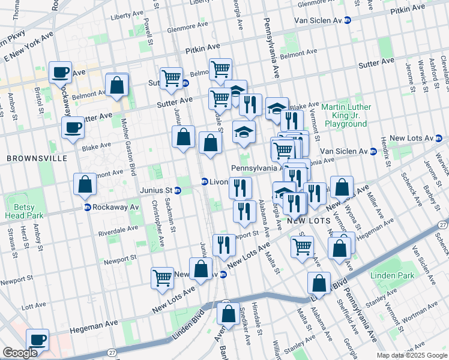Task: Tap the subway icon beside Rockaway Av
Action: pos(87,208)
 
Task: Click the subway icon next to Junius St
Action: pos(179,191)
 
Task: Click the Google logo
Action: pos(20,352)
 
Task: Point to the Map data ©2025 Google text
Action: pos(412,355)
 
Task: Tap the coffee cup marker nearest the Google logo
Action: pos(37,339)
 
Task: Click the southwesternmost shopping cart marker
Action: pos(162,278)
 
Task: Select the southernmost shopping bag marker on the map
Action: pos(228,313)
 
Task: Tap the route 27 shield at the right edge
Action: pos(442,224)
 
